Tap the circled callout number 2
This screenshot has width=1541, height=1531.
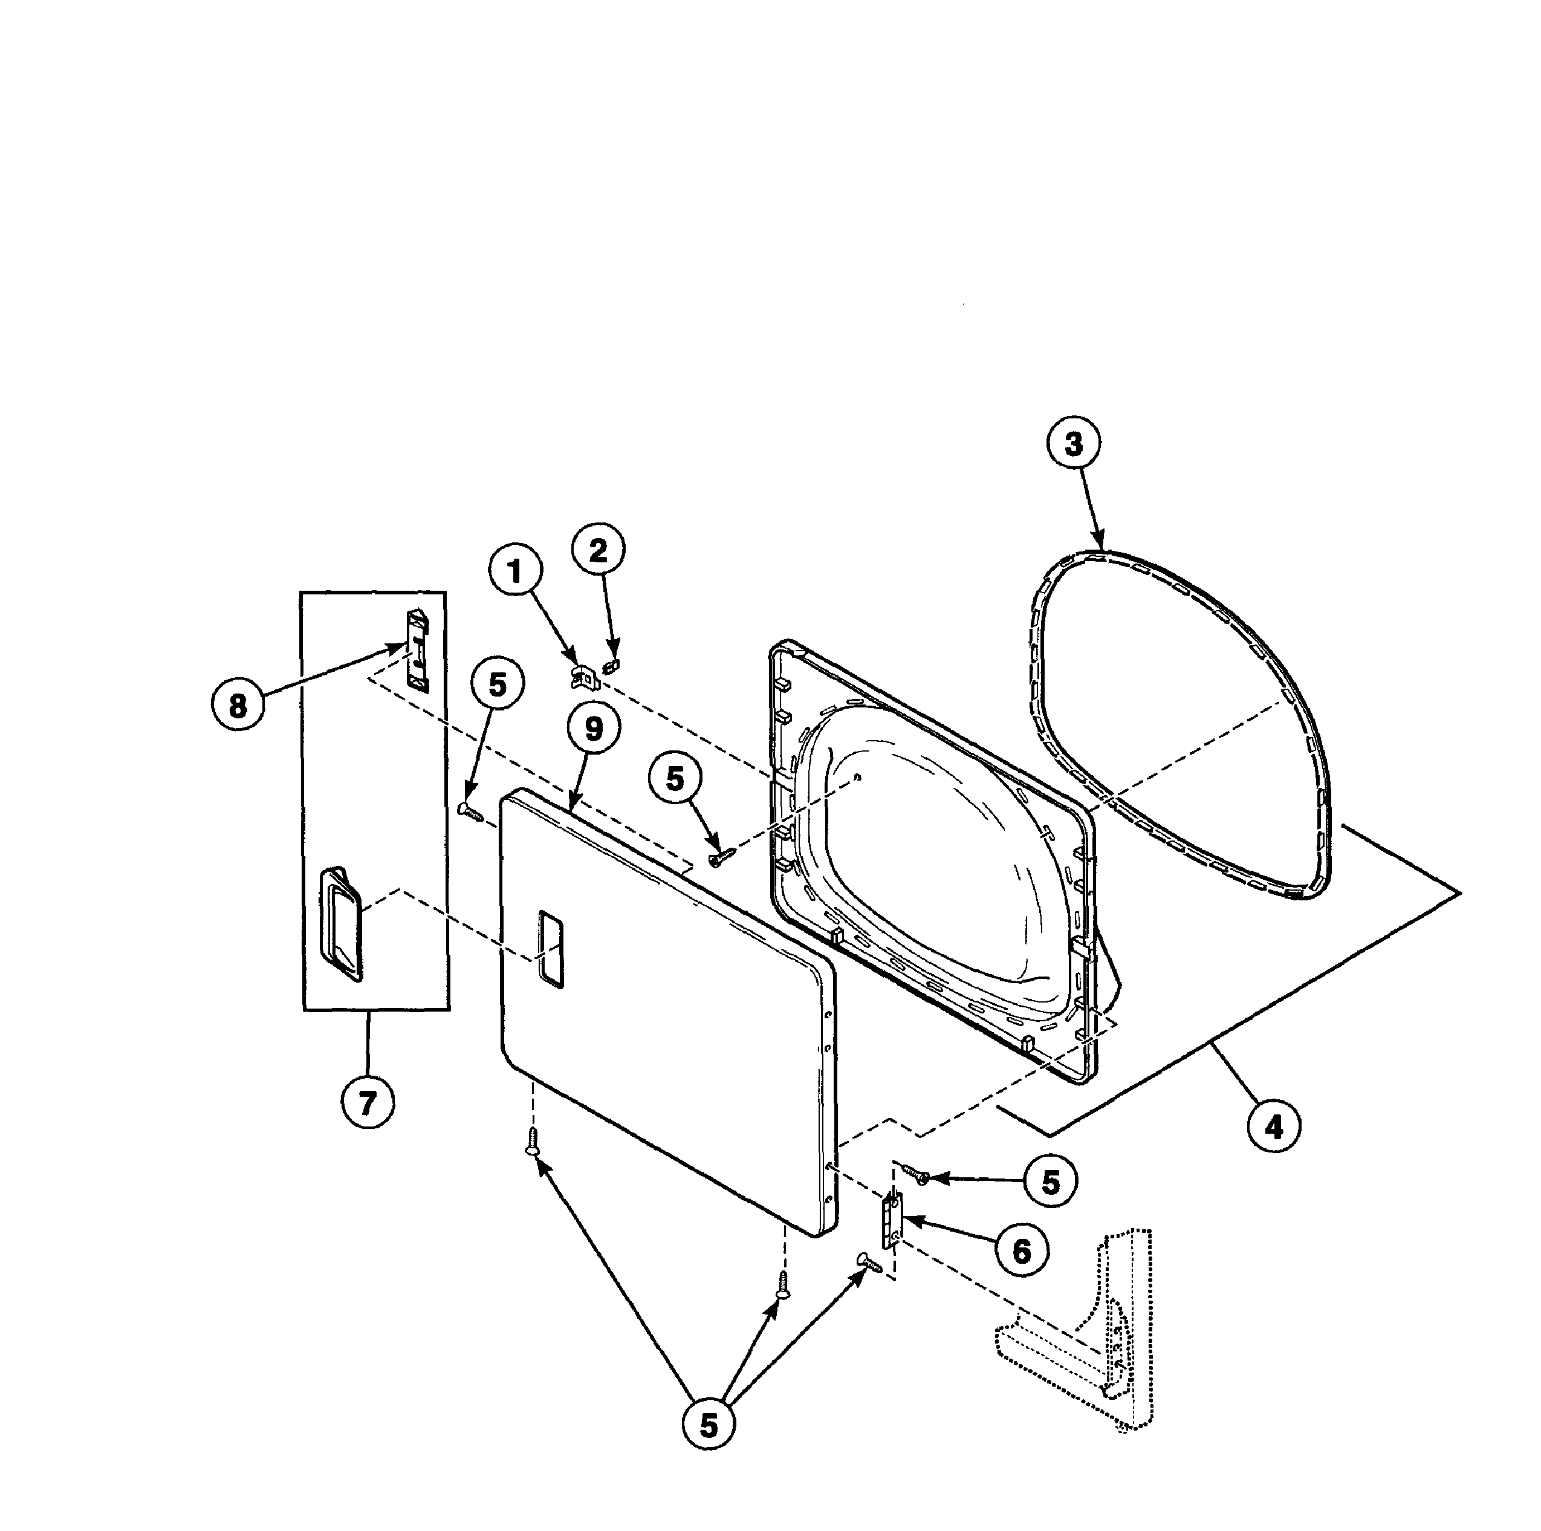[x=599, y=550]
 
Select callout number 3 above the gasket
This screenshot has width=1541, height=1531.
[x=1074, y=444]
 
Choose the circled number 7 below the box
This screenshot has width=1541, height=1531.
[x=367, y=1102]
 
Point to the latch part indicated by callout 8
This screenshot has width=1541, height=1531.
[x=417, y=649]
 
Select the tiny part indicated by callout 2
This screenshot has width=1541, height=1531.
[x=612, y=665]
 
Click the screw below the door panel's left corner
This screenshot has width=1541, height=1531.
[x=533, y=1141]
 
